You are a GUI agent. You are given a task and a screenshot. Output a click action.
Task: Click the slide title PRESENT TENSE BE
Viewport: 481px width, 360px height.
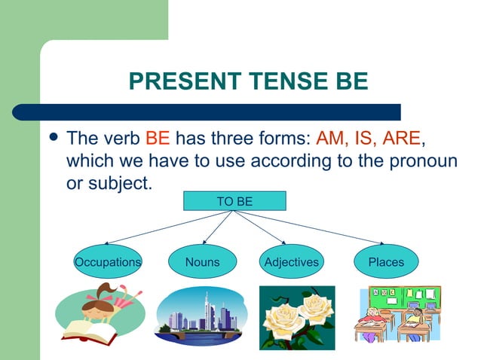[248, 81]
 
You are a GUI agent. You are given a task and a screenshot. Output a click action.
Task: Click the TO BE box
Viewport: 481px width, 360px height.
[234, 200]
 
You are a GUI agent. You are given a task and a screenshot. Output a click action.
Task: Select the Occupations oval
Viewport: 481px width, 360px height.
[108, 262]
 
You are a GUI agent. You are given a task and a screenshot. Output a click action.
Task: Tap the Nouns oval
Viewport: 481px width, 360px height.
[202, 262]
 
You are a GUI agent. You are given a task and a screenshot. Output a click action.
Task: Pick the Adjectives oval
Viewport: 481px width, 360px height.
[291, 262]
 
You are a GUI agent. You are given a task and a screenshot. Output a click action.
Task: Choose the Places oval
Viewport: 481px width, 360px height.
[386, 262]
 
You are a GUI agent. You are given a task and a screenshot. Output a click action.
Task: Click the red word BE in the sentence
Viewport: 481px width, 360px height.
[158, 139]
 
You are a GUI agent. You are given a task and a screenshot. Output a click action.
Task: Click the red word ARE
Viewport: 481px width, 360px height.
[401, 139]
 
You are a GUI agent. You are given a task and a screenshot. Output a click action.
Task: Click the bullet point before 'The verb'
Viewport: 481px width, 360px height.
[52, 140]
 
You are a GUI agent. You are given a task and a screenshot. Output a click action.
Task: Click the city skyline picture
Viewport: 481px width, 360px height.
[201, 316]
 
